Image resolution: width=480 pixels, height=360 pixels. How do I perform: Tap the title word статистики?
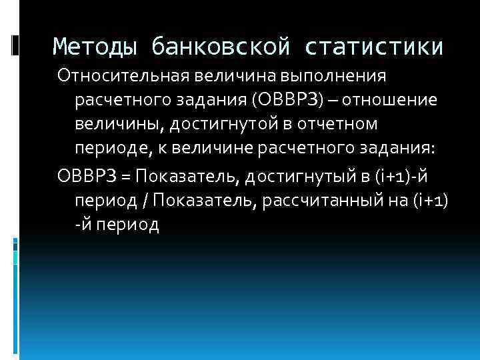pos(375,47)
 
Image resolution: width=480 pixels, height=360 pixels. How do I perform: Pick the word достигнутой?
pos(229,125)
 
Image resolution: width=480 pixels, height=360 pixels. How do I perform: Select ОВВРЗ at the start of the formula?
pos(86,175)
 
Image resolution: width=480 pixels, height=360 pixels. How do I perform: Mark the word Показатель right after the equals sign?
pos(183,175)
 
